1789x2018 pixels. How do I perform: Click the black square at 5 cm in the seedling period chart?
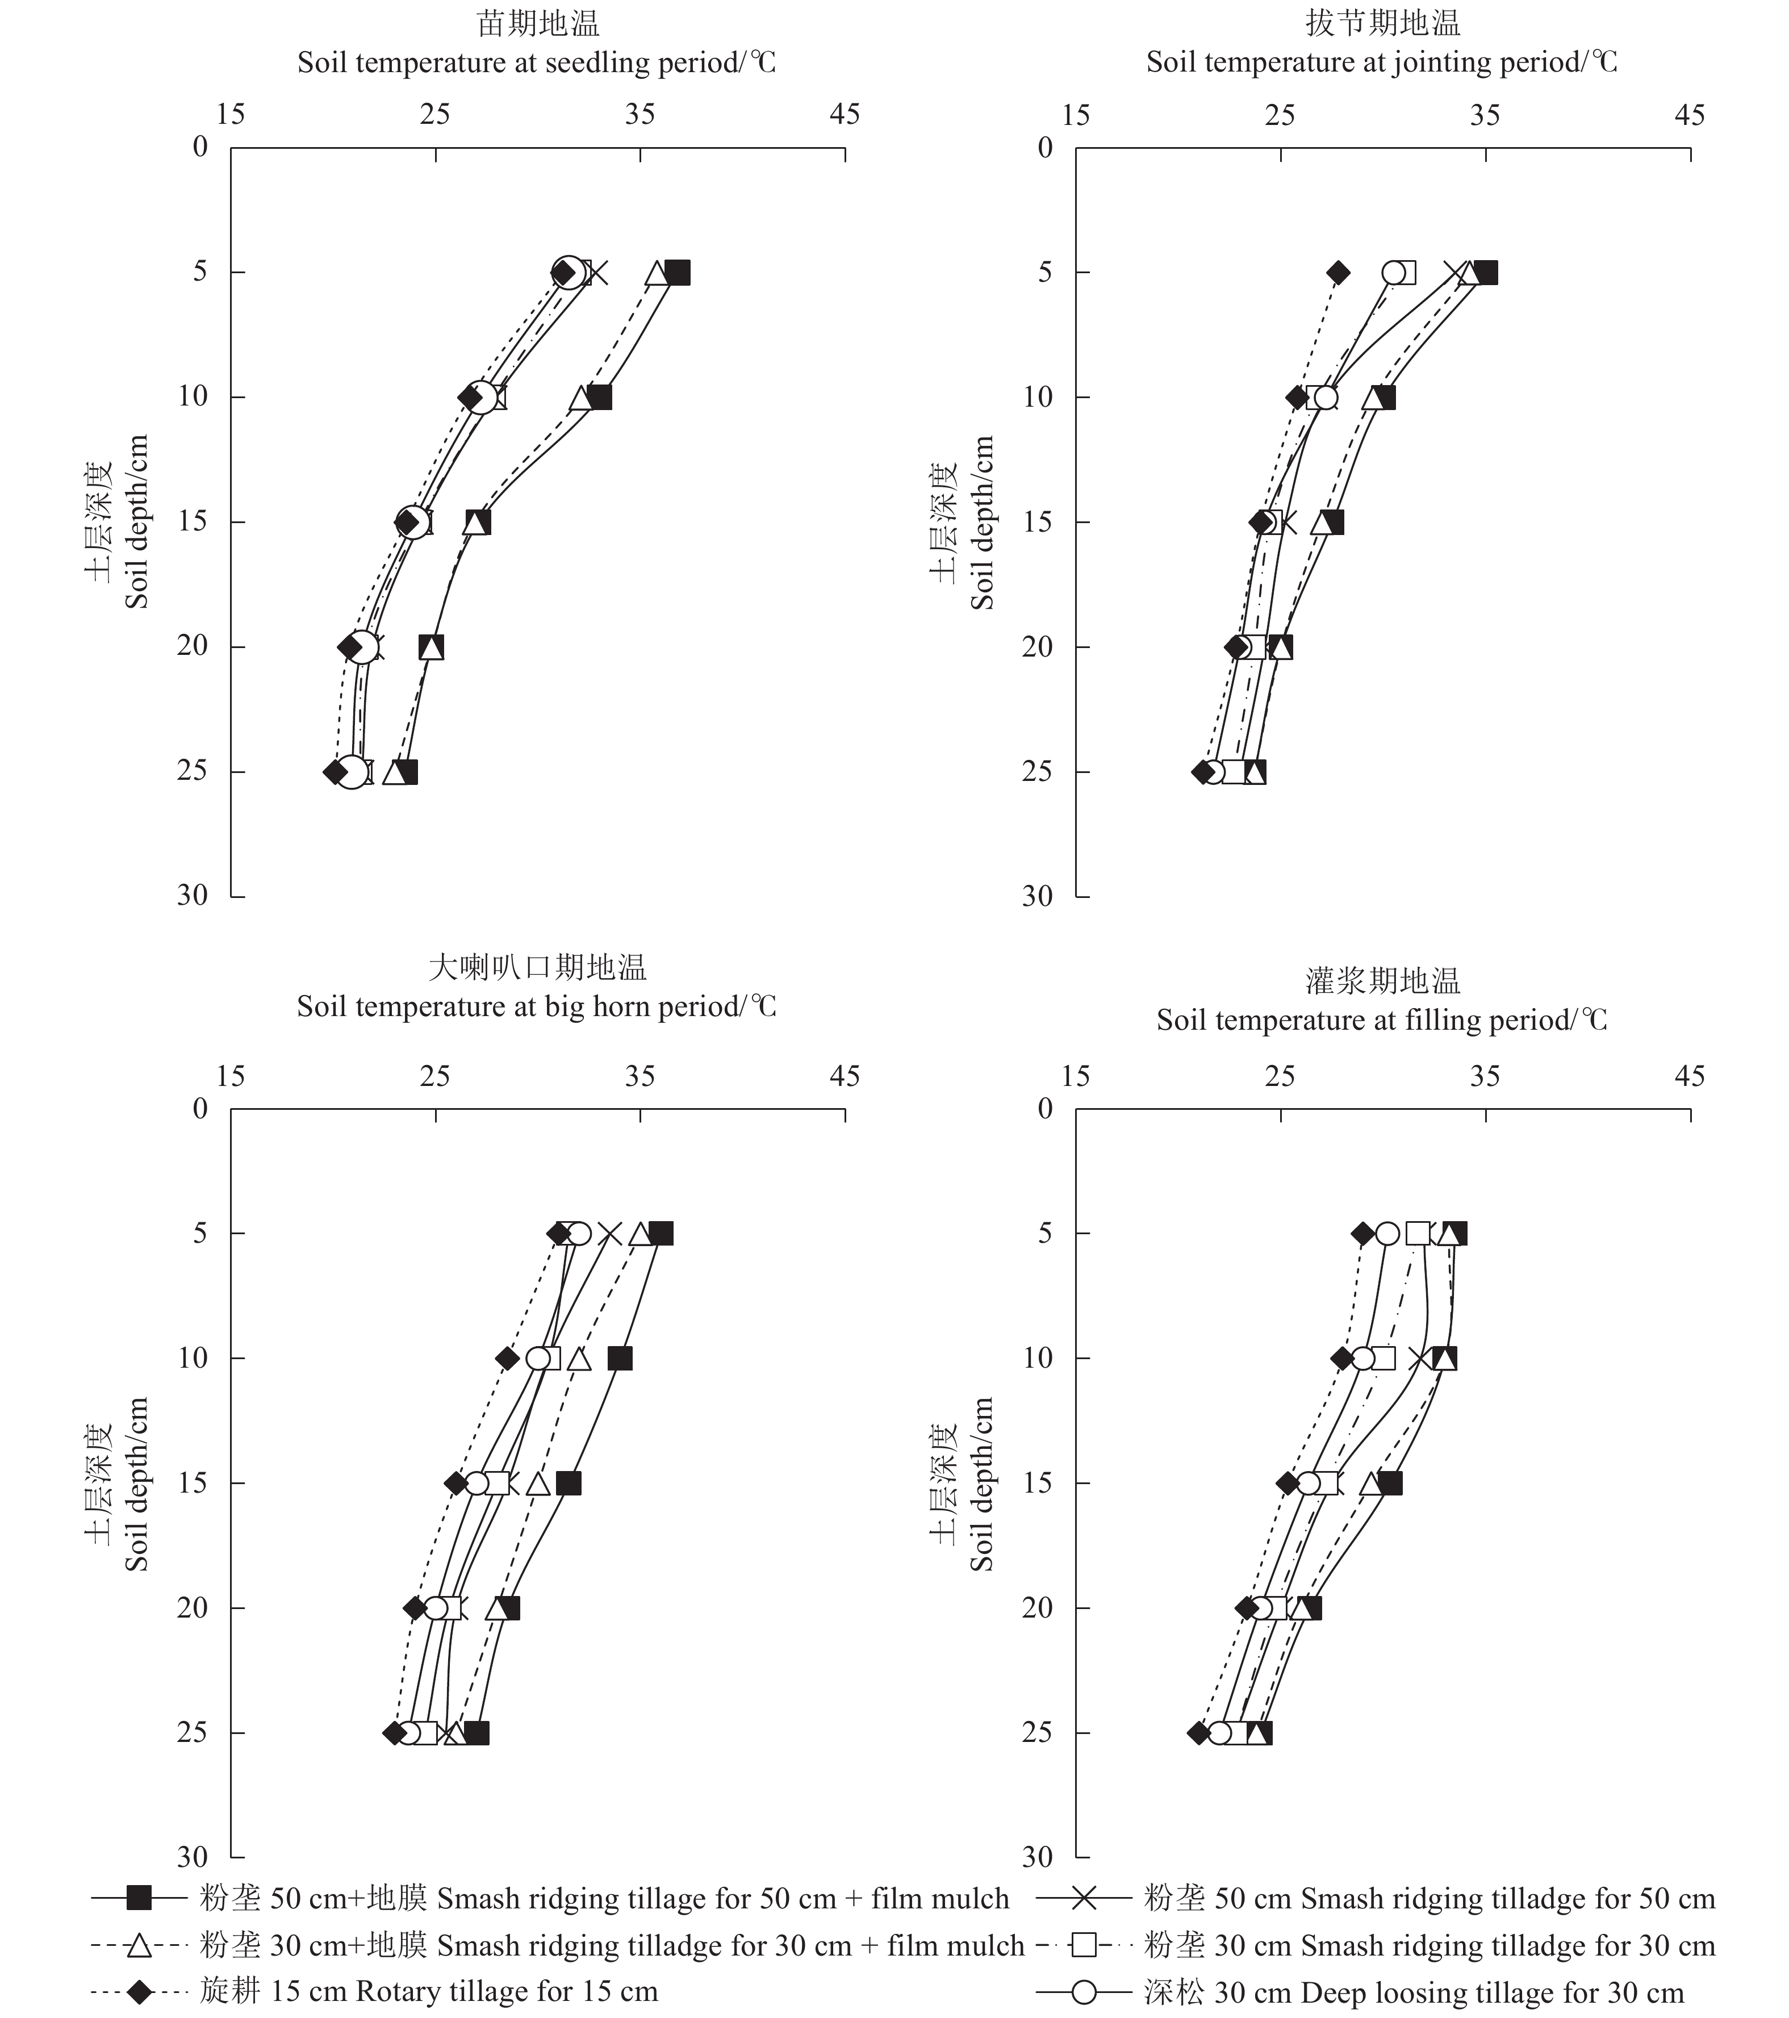pos(678,273)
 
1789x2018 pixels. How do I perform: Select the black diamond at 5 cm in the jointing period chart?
pos(1338,273)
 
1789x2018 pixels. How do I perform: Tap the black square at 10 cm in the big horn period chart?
pos(619,1359)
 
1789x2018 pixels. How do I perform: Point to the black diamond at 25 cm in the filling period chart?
pos(1198,1733)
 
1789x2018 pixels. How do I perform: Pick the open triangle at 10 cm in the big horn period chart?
pos(579,1359)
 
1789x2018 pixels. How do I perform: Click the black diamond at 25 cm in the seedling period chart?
pos(335,772)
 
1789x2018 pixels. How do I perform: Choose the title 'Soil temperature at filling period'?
pos(1381,1020)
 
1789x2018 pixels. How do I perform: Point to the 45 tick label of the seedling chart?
pos(844,115)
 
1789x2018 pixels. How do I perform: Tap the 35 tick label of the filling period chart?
pos(1485,1076)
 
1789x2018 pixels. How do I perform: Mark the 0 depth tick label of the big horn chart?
pos(200,1109)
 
